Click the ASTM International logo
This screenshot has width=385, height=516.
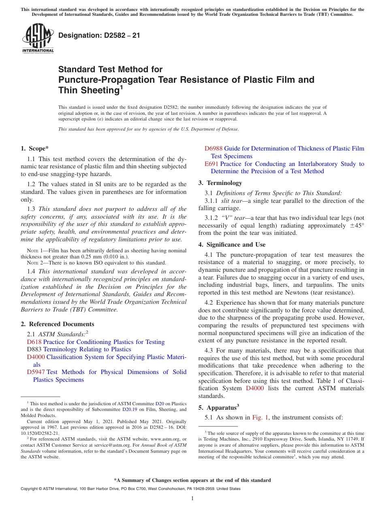point(38,38)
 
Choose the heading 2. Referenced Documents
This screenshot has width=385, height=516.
point(57,324)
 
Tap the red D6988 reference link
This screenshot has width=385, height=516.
point(214,148)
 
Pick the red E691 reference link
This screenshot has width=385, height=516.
point(212,164)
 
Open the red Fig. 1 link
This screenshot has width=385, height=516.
point(260,417)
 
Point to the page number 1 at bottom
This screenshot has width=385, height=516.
point(192,499)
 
